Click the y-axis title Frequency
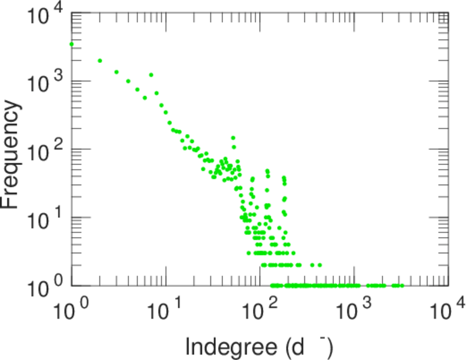[x=13, y=154]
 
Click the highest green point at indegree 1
[x=72, y=44]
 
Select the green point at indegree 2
[x=100, y=61]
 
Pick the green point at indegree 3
[x=116, y=72]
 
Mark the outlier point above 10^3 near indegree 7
[x=151, y=75]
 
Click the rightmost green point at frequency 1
[x=402, y=286]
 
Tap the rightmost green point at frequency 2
[x=320, y=265]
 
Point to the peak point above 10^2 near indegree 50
[x=233, y=137]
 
